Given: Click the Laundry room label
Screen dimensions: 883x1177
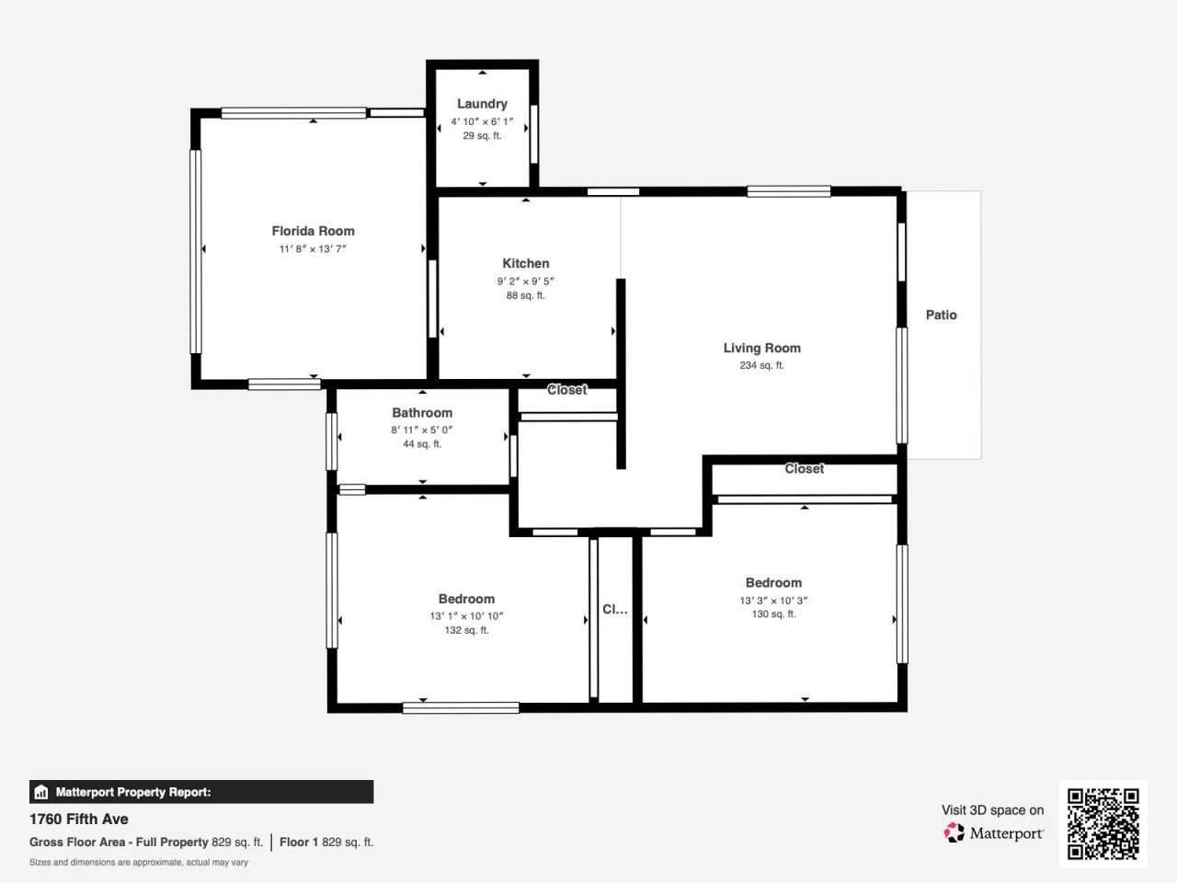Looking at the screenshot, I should coord(482,104).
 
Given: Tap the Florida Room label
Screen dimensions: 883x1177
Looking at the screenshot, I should coord(313,231).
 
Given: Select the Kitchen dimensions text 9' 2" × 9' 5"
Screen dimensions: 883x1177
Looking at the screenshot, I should coord(526,281).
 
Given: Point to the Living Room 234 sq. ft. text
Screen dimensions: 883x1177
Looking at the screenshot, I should coord(761,365).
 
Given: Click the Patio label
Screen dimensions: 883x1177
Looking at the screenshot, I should coord(941,315).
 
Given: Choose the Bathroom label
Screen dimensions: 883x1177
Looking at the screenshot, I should coord(422,413).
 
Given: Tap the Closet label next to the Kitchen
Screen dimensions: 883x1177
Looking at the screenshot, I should coord(566,390).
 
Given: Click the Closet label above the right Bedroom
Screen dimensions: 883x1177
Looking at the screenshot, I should coord(804,469).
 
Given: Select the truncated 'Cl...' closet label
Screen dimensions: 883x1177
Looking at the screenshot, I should coord(615,609).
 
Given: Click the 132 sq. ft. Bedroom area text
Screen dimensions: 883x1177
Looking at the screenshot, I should coord(466,630).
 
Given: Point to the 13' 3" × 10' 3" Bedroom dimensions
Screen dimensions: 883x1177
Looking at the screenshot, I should coord(773,601).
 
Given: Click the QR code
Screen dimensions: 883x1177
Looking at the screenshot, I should coord(1103,823).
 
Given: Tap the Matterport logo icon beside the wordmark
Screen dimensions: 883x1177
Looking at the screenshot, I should coord(954,832).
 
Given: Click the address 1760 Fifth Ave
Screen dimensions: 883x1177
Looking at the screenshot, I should coord(79,819).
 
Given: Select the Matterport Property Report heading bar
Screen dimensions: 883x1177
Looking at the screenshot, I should coord(201,792).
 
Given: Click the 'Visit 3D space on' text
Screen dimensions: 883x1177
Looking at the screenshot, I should coord(992,810).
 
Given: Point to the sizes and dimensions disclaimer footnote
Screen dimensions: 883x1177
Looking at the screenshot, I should coord(139,863).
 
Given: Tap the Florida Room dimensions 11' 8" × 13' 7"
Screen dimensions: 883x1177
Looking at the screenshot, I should coord(313,249).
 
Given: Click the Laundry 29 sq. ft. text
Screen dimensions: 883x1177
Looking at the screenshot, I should coord(482,136).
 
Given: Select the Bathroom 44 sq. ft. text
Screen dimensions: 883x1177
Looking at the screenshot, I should coord(422,444).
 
